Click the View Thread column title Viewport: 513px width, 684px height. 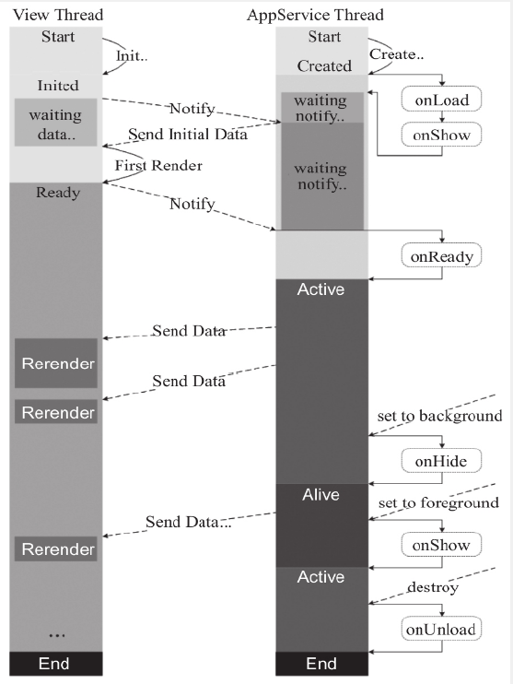58,15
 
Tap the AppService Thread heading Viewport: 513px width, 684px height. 315,16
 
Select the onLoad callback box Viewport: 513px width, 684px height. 441,100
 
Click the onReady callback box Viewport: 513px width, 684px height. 441,256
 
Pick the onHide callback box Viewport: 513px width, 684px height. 441,461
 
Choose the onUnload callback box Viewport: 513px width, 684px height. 441,629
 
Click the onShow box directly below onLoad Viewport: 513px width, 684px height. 441,135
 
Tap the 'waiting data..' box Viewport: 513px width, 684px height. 55,123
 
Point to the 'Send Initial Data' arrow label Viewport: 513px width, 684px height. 188,134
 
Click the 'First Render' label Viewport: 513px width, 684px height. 158,165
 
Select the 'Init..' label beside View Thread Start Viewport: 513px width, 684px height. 132,56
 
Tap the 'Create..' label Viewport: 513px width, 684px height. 396,54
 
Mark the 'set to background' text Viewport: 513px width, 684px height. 439,416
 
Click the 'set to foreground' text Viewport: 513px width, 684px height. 438,503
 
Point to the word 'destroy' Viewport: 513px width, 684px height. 433,587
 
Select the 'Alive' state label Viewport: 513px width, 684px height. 321,495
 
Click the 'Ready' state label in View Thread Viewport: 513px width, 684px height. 58,193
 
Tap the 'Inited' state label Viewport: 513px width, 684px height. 58,85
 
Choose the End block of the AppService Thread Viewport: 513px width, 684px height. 321,664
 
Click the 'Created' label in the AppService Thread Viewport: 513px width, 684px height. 324,65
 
